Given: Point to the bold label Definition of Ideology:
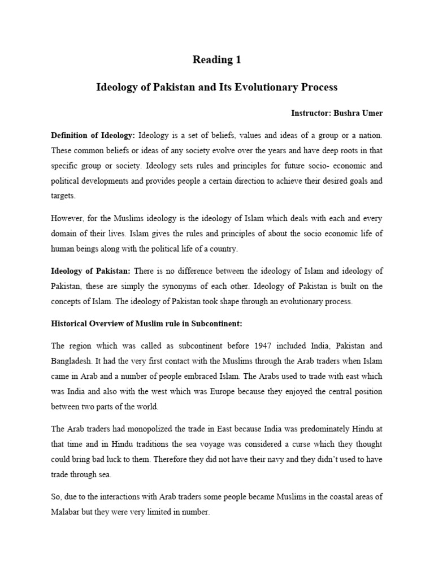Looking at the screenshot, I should coord(93,136).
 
